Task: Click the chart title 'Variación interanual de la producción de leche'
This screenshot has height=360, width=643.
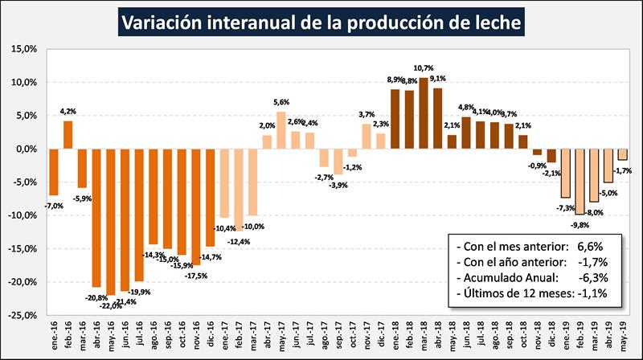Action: (321, 21)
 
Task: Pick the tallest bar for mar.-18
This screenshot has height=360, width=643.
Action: (424, 112)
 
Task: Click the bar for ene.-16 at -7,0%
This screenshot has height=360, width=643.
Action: (54, 172)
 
